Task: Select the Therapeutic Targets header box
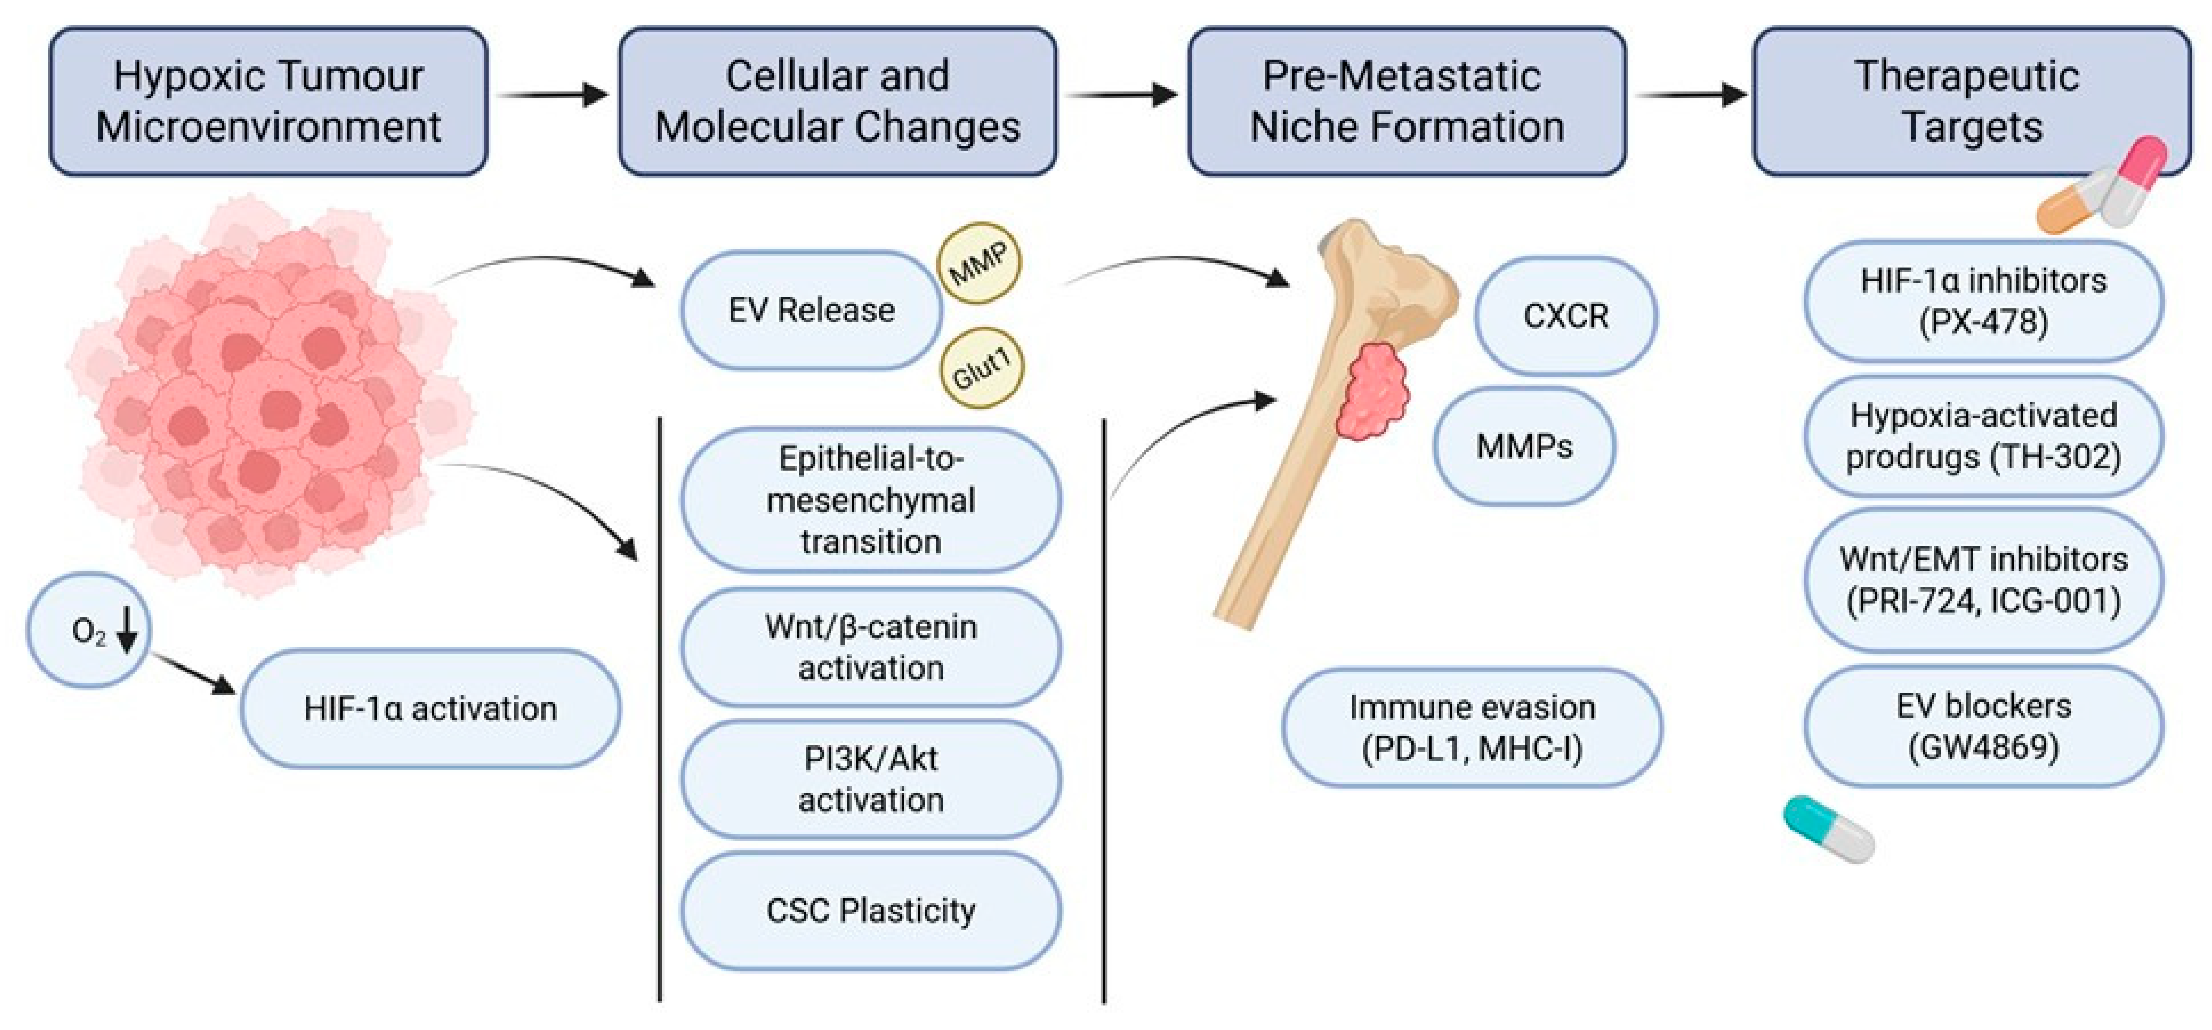(1971, 101)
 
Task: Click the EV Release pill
(812, 310)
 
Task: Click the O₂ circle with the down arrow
(89, 631)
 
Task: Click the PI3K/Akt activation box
(871, 780)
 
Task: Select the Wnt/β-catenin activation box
(871, 647)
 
